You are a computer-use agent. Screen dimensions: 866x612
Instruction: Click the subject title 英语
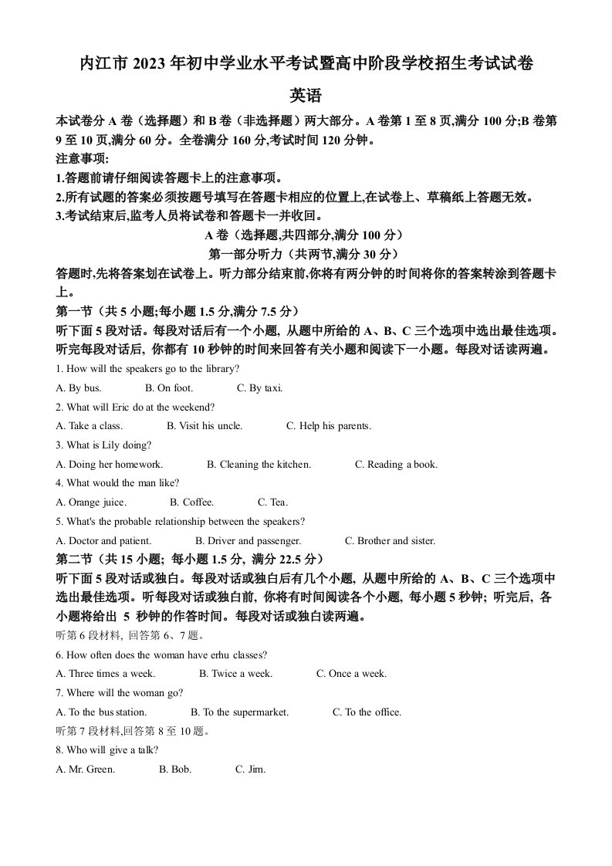[x=306, y=96]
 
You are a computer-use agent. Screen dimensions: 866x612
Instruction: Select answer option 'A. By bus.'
[x=79, y=387]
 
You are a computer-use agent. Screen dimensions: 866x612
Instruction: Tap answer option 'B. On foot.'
[x=169, y=387]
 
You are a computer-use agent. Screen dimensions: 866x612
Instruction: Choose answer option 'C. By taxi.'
[x=260, y=387]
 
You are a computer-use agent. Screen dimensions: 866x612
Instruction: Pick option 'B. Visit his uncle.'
[x=205, y=425]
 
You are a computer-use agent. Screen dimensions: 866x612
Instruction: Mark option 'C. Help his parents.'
[x=329, y=425]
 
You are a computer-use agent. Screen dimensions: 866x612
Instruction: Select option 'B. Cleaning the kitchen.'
[x=259, y=464]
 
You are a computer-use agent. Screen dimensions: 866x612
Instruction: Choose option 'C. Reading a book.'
[x=396, y=464]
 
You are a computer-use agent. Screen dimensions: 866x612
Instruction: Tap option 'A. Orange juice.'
[x=91, y=502]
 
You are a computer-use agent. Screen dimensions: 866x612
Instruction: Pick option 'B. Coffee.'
[x=192, y=502]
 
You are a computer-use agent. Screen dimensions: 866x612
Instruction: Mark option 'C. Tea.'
[x=272, y=502]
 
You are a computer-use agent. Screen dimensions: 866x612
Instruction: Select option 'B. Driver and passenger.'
[x=248, y=540]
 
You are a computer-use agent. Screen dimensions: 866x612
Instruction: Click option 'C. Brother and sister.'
[x=390, y=540]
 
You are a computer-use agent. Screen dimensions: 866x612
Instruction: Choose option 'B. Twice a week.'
[x=235, y=673]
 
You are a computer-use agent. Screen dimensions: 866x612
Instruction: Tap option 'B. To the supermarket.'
[x=239, y=712]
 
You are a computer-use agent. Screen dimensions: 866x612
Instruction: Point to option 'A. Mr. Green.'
[x=86, y=769]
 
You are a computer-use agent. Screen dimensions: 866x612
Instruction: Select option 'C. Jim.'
[x=250, y=769]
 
